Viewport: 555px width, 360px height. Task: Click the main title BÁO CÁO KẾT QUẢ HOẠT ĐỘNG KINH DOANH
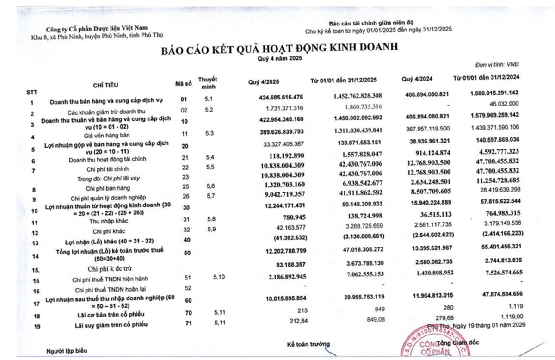pos(279,50)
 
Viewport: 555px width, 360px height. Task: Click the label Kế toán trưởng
pos(308,345)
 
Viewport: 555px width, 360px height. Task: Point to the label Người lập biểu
pos(66,352)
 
